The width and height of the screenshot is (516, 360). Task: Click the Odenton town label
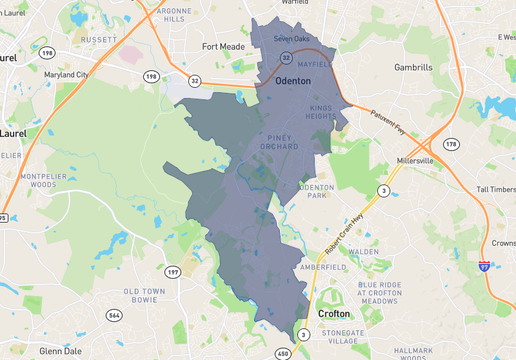click(x=293, y=80)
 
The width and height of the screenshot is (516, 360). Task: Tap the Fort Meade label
click(x=223, y=46)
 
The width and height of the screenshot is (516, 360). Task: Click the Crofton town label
click(x=333, y=313)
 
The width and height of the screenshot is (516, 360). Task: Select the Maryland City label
click(x=67, y=74)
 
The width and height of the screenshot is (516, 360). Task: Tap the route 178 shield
click(x=451, y=144)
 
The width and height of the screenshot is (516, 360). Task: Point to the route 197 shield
click(x=172, y=271)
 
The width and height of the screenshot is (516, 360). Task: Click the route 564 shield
click(x=113, y=316)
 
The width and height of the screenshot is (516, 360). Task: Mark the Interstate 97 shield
click(x=484, y=266)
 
